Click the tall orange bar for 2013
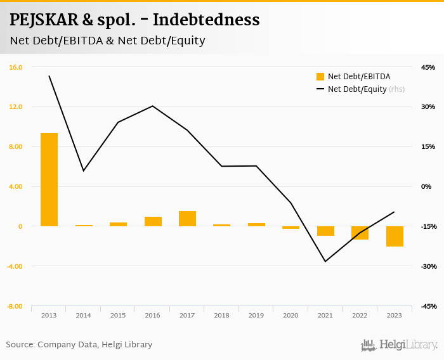click(x=49, y=179)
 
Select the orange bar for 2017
click(x=187, y=219)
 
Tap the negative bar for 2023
click(x=395, y=236)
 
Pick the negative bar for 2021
click(x=325, y=231)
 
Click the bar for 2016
click(x=153, y=221)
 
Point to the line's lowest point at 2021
click(x=325, y=262)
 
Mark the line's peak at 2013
click(x=49, y=76)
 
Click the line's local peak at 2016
click(x=153, y=106)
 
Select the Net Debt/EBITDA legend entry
click(x=353, y=77)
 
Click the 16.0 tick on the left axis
click(x=16, y=67)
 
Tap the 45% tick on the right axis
click(x=428, y=67)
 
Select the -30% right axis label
click(x=428, y=266)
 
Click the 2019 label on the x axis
click(x=256, y=315)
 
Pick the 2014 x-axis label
click(x=84, y=315)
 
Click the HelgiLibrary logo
click(x=400, y=345)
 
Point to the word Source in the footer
click(x=20, y=345)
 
